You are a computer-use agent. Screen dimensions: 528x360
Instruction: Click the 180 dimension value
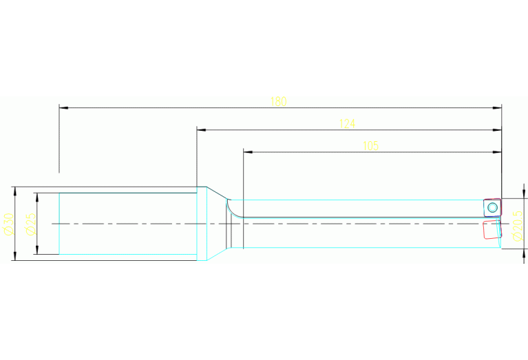tap(279, 101)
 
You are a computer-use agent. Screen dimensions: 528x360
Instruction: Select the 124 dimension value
tap(347, 124)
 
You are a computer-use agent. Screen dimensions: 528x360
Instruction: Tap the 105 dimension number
tap(370, 146)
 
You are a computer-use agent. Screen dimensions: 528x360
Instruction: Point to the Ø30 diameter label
tap(8, 224)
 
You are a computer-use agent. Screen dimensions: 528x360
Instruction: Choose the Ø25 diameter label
tap(31, 224)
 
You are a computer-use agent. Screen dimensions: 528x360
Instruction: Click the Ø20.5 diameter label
tap(518, 226)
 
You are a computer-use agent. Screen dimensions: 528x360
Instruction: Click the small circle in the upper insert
tap(492, 207)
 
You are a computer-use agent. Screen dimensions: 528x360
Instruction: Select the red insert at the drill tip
tap(492, 230)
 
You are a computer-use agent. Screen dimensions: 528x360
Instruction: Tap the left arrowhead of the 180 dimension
tap(63, 108)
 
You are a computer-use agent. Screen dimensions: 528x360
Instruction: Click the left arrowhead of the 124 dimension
tap(202, 129)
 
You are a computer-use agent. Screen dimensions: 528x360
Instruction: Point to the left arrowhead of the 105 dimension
tap(249, 152)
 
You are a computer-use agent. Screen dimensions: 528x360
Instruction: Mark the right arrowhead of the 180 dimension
tap(497, 108)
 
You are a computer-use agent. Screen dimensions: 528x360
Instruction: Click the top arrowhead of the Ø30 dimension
tap(14, 191)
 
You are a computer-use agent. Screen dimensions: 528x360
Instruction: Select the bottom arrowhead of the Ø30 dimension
tap(14, 255)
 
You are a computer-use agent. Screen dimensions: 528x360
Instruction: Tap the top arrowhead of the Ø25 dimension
tap(36, 198)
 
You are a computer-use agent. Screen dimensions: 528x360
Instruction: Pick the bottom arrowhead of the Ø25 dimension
tap(36, 250)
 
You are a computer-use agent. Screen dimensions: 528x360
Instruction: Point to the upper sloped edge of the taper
tap(218, 193)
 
